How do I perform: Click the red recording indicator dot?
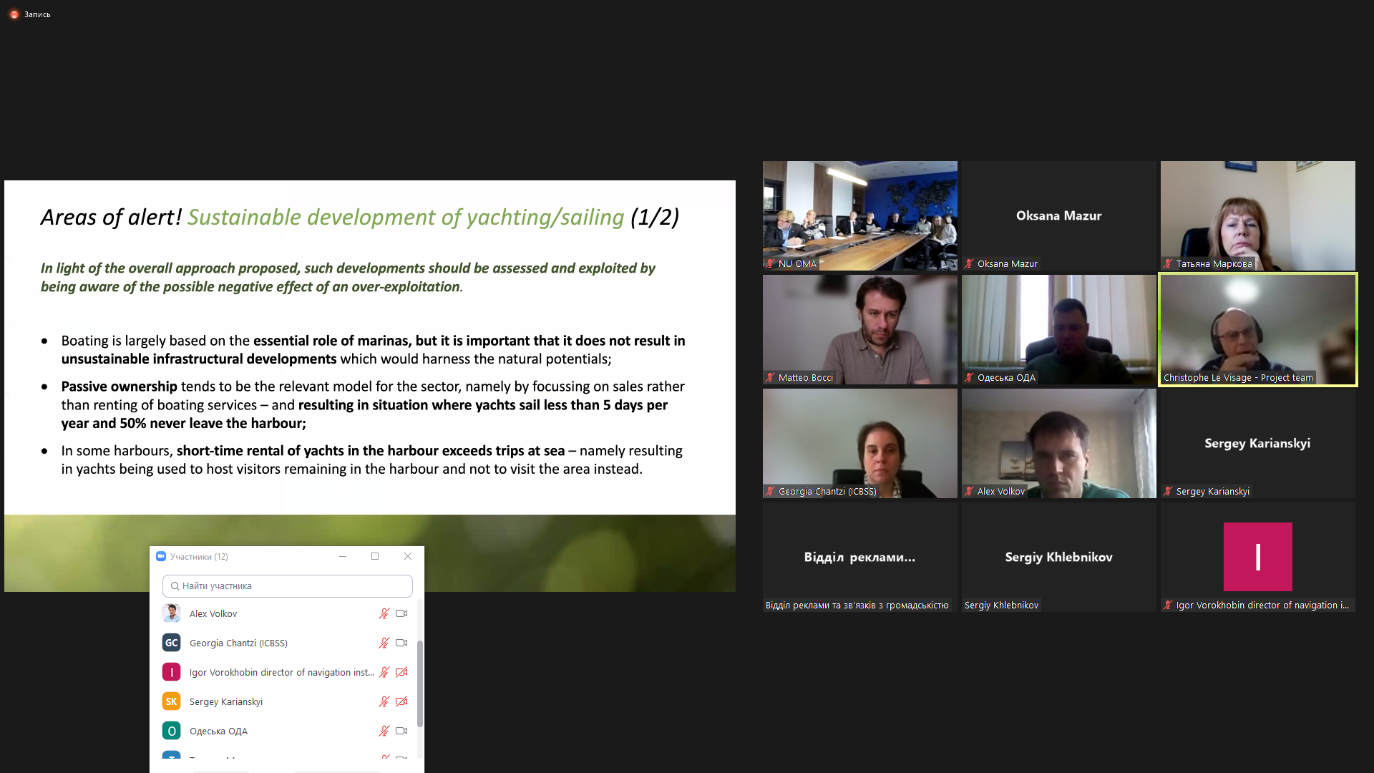[x=14, y=14]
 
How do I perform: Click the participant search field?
[x=288, y=585]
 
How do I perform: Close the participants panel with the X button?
[x=408, y=556]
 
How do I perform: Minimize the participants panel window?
[x=343, y=556]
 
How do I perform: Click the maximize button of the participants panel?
[x=375, y=556]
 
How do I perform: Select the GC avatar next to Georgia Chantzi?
[x=171, y=643]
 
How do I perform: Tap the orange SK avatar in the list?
[x=171, y=701]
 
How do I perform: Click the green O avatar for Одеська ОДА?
[x=171, y=731]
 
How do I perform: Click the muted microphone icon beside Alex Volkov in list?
[x=384, y=613]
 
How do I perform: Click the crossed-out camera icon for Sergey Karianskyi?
[x=401, y=701]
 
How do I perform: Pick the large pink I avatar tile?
[x=1257, y=557]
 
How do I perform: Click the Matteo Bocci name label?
[x=806, y=378]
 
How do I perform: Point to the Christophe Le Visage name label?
[x=1238, y=378]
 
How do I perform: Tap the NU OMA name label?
[x=797, y=264]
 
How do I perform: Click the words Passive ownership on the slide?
[x=119, y=386]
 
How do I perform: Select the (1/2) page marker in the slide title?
[x=655, y=217]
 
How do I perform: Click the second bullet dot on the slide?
[x=44, y=387]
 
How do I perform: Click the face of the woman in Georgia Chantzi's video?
[x=880, y=451]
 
